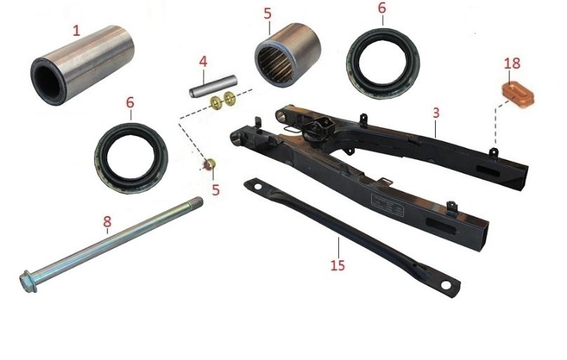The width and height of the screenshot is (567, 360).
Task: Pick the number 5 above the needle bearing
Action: pos(267,13)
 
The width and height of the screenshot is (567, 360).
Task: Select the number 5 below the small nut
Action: pos(216,189)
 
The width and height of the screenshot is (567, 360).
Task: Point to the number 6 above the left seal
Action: pos(130,102)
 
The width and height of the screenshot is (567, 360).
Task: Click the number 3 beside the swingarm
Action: pos(435,112)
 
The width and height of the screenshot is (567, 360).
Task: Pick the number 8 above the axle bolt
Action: pos(107,223)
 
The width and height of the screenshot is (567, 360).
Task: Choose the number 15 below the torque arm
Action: pos(338,267)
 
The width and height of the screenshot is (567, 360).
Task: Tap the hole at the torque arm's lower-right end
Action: pos(446,285)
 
